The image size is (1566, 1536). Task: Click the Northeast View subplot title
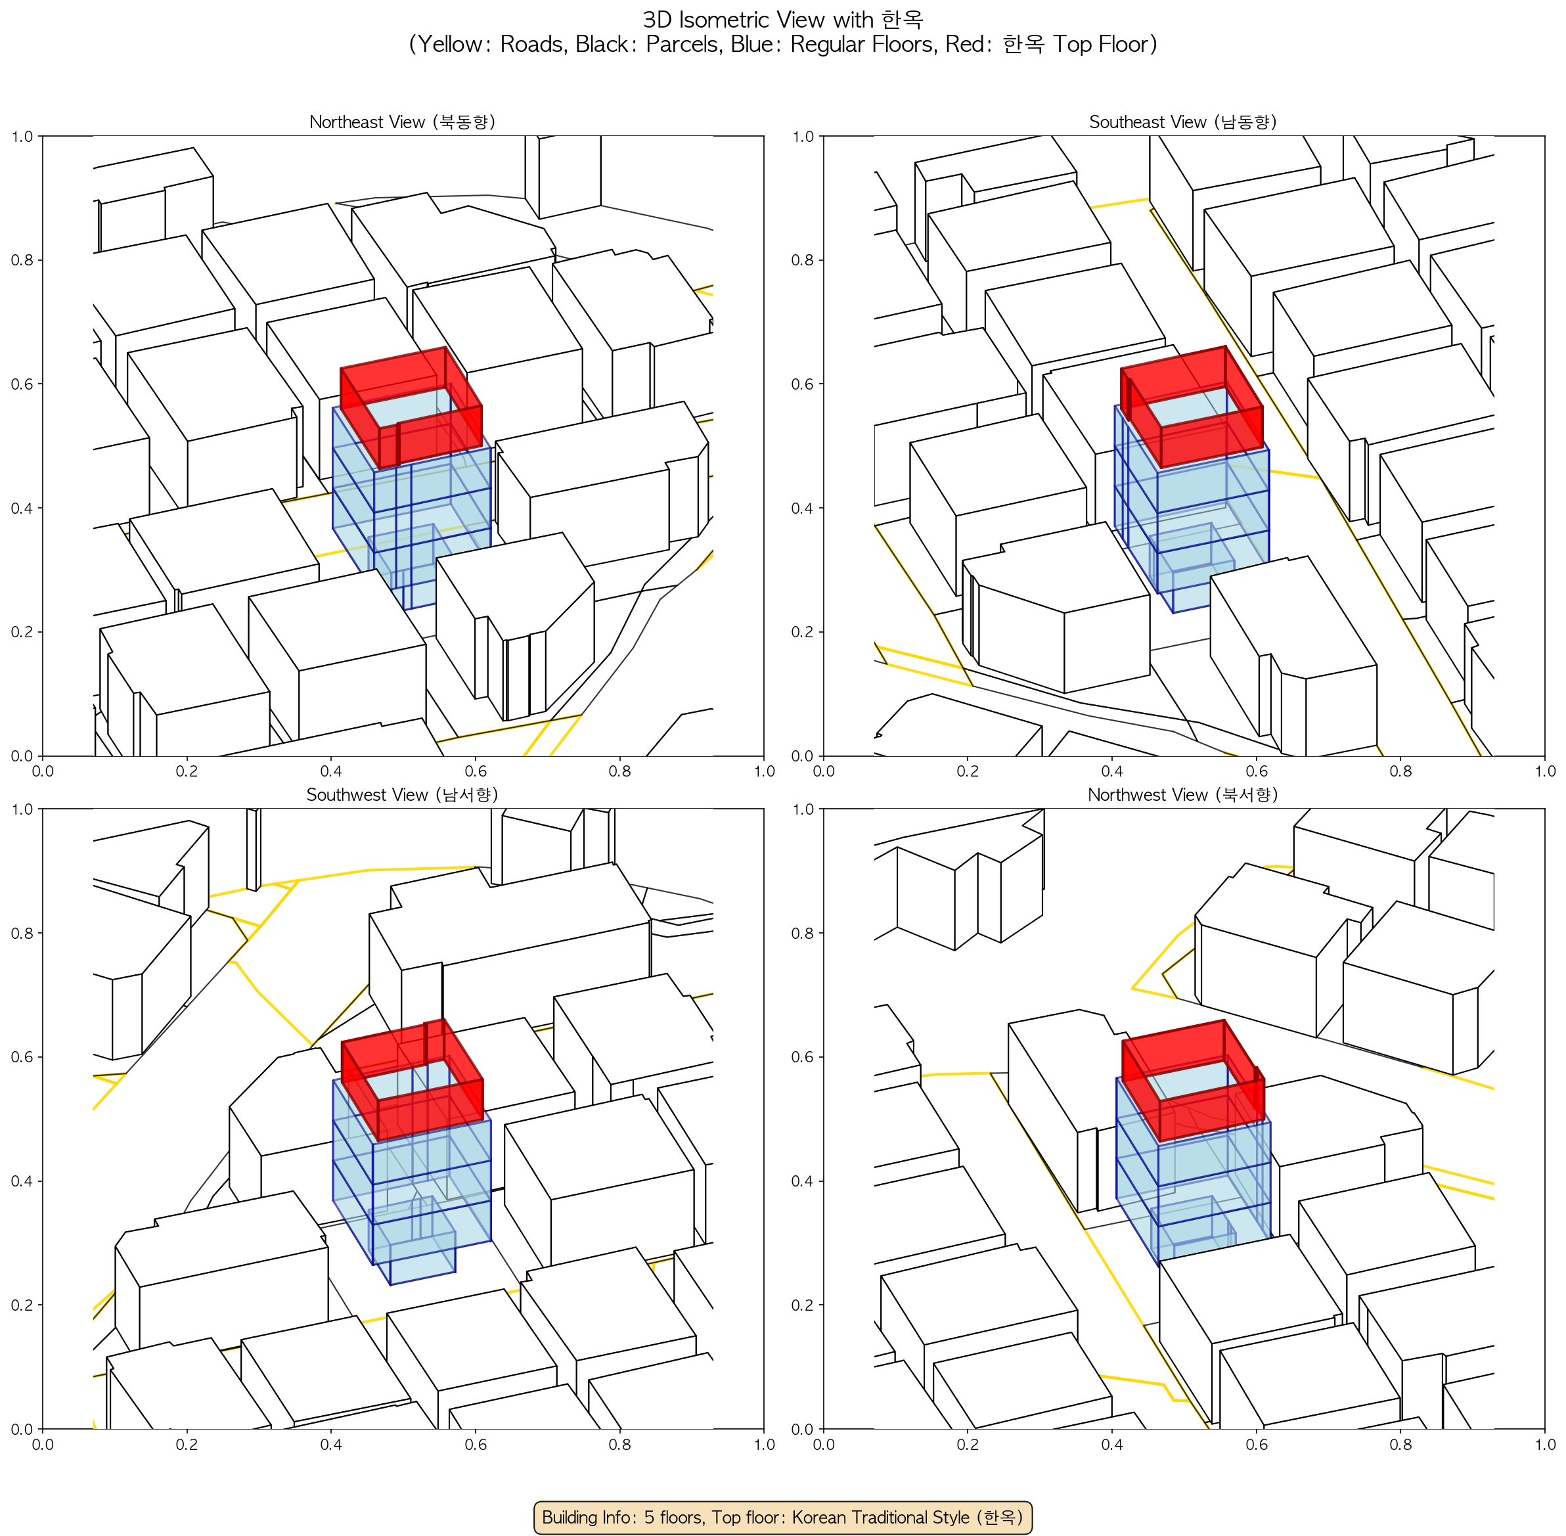pyautogui.click(x=402, y=122)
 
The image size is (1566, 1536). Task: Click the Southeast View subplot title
pyautogui.click(x=1183, y=122)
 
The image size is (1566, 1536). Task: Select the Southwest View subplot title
pyautogui.click(x=402, y=795)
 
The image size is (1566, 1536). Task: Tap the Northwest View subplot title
pyautogui.click(x=1183, y=795)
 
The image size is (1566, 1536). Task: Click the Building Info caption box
pyautogui.click(x=782, y=1517)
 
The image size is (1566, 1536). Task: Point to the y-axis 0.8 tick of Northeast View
pyautogui.click(x=22, y=260)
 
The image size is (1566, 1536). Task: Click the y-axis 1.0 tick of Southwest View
pyautogui.click(x=22, y=809)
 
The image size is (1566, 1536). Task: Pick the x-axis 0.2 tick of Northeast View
pyautogui.click(x=187, y=771)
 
